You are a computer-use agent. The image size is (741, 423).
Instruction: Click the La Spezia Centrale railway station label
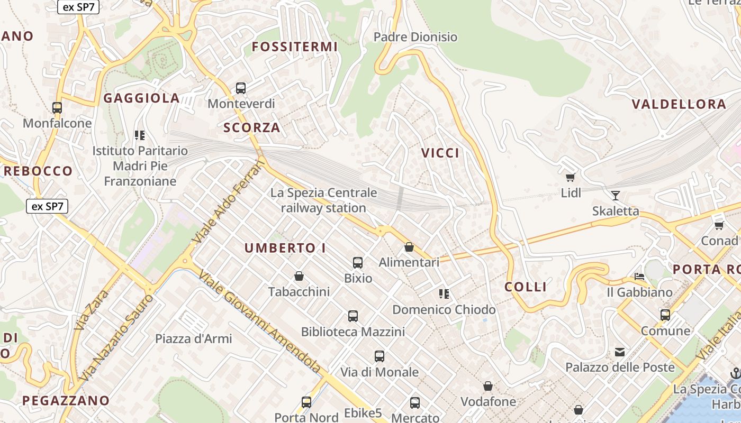pyautogui.click(x=323, y=200)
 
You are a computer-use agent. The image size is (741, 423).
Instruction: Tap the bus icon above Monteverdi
pyautogui.click(x=241, y=88)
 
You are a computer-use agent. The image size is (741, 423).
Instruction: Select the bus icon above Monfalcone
pyautogui.click(x=57, y=107)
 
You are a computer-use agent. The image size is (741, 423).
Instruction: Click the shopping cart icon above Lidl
pyautogui.click(x=571, y=177)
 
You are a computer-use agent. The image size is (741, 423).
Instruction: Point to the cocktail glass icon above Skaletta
pyautogui.click(x=615, y=195)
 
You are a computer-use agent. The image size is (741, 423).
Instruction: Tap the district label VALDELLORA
pyautogui.click(x=679, y=104)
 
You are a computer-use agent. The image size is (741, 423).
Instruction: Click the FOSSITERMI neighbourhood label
pyautogui.click(x=294, y=47)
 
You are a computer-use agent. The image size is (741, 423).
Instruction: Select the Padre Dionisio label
pyautogui.click(x=415, y=37)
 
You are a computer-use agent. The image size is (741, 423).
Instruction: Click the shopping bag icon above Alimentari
pyautogui.click(x=409, y=247)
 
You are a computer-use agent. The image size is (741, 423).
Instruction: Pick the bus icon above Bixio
pyautogui.click(x=358, y=262)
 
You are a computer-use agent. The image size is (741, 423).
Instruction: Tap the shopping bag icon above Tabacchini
pyautogui.click(x=299, y=276)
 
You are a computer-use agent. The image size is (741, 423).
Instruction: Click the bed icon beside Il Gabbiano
pyautogui.click(x=639, y=277)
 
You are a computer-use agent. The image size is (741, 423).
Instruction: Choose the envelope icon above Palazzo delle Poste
pyautogui.click(x=620, y=352)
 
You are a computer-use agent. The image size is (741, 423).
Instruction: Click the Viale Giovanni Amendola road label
pyautogui.click(x=260, y=323)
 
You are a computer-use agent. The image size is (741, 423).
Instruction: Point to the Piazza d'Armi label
pyautogui.click(x=193, y=338)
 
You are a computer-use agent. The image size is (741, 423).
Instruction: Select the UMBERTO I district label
pyautogui.click(x=285, y=248)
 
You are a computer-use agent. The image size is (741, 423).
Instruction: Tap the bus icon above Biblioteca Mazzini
pyautogui.click(x=353, y=316)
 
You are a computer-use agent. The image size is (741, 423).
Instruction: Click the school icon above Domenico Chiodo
pyautogui.click(x=444, y=293)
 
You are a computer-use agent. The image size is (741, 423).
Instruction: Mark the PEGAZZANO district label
pyautogui.click(x=66, y=400)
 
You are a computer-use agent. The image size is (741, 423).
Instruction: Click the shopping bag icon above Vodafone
pyautogui.click(x=488, y=387)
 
